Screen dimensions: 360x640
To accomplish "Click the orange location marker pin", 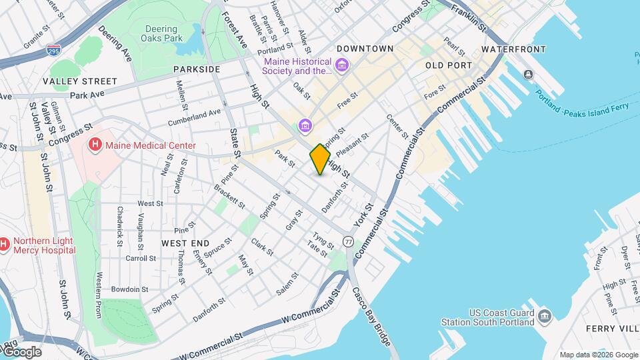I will [x=320, y=159].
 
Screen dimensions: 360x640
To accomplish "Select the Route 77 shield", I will [x=348, y=241].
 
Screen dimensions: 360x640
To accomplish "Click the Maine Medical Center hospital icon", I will [x=95, y=145].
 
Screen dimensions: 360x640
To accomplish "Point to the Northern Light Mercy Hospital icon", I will [x=3, y=245].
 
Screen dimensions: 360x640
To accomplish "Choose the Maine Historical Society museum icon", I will [x=342, y=65].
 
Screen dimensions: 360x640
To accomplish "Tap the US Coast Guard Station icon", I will [x=544, y=314].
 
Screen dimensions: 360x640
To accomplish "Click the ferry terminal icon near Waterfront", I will [x=528, y=74].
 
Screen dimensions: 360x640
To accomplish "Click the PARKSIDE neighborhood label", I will [x=197, y=69].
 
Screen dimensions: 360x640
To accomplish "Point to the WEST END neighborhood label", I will [x=185, y=243].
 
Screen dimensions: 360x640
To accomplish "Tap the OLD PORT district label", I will [x=448, y=65].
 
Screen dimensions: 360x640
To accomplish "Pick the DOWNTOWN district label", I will [x=365, y=49].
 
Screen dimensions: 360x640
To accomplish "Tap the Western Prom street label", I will [x=99, y=294].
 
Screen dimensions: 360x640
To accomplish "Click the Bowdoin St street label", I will [x=129, y=289].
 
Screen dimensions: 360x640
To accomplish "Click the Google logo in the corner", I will [x=21, y=352].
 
